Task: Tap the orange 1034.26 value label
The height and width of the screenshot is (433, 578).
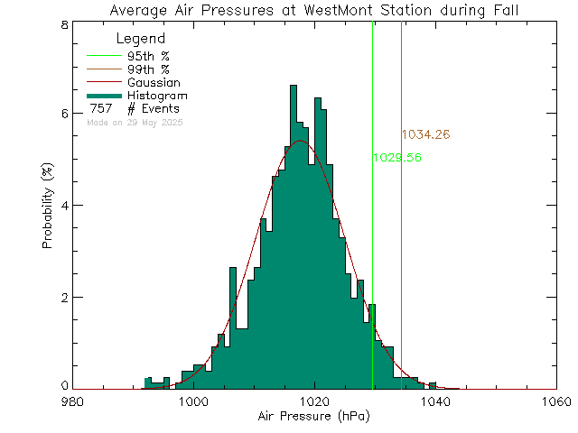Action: click(425, 134)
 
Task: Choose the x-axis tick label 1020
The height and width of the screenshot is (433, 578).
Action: click(314, 401)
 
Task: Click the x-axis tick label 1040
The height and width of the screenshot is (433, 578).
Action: click(435, 401)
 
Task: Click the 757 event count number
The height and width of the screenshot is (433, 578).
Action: click(101, 109)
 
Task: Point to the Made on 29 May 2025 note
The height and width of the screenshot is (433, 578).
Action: click(135, 122)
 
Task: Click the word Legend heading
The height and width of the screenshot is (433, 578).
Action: click(141, 39)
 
